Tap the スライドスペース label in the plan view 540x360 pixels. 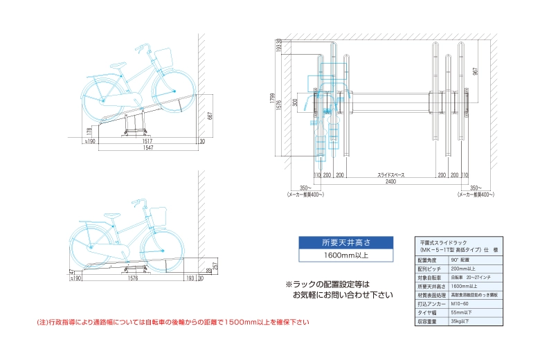point(390,175)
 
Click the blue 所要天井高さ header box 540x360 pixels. point(347,242)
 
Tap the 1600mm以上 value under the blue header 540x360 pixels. point(347,255)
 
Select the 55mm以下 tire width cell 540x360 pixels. point(460,312)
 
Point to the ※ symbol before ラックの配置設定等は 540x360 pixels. point(289,284)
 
